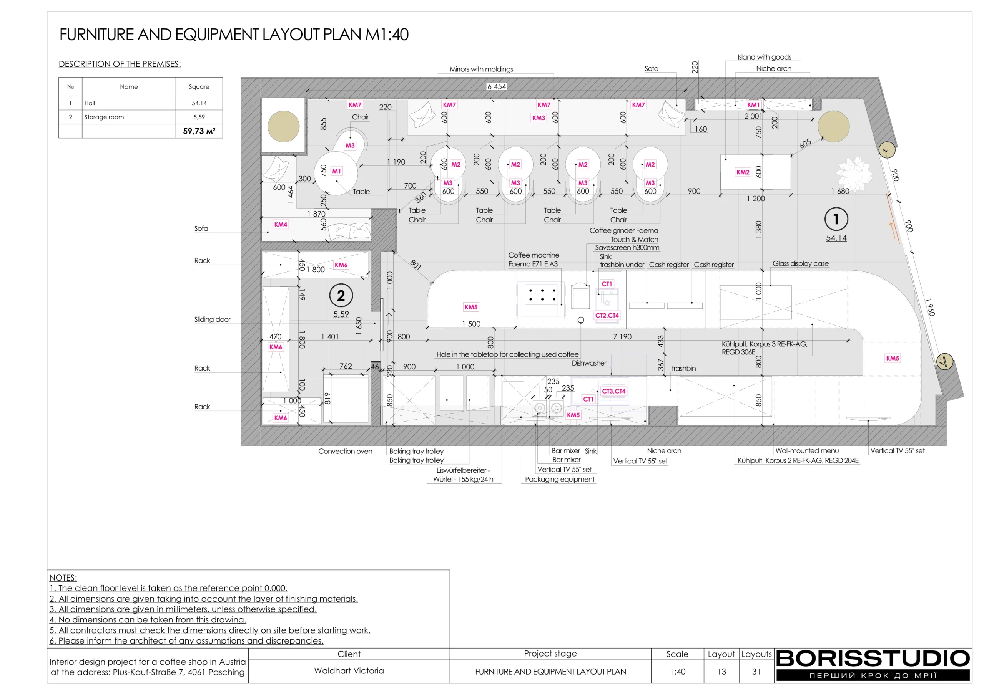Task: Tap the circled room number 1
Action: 836,219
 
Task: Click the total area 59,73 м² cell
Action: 199,131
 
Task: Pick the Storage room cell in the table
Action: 104,117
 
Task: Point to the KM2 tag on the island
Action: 743,172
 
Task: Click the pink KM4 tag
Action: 281,224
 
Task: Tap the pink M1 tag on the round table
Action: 336,171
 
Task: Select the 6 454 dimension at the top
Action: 496,86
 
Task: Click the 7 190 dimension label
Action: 622,337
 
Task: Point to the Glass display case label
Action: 800,263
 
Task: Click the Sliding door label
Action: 212,319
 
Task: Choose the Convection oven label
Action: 345,451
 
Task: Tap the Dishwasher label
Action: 589,363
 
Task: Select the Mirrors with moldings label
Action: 481,69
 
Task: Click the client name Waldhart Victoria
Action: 349,670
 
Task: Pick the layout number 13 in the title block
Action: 721,672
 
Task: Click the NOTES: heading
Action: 63,578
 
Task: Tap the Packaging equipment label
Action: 559,479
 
